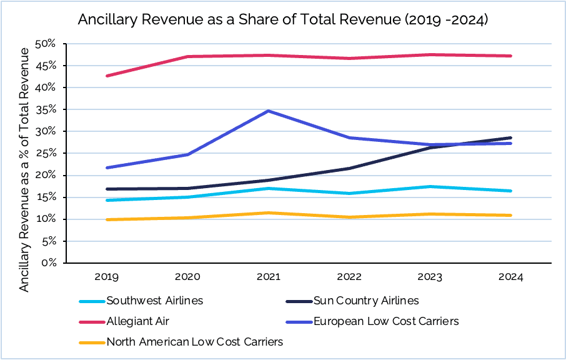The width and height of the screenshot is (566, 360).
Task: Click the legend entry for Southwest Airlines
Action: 155,301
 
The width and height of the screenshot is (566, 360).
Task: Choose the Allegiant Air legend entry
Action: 138,321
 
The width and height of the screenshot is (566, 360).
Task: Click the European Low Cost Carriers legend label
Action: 386,321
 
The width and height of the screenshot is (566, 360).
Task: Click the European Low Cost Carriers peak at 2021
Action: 269,111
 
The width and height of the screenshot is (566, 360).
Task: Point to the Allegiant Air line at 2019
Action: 107,76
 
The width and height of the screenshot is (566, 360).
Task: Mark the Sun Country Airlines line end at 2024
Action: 511,137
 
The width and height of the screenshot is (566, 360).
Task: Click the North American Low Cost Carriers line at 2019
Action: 107,219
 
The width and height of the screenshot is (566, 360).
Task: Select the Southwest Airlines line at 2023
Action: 430,186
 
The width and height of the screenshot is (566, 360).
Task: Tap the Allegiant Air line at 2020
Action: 188,56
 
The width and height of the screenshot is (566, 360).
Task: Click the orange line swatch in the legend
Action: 91,342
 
